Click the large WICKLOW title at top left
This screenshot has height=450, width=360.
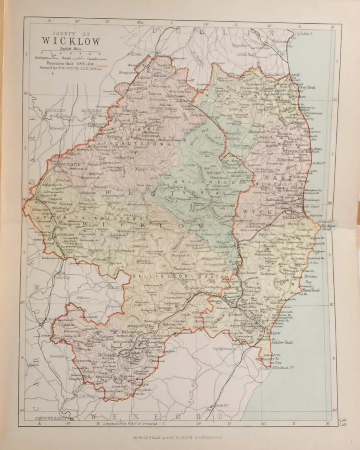coord(70,41)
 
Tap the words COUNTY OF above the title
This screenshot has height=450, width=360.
coord(70,33)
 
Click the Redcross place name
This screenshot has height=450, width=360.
coord(268,274)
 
